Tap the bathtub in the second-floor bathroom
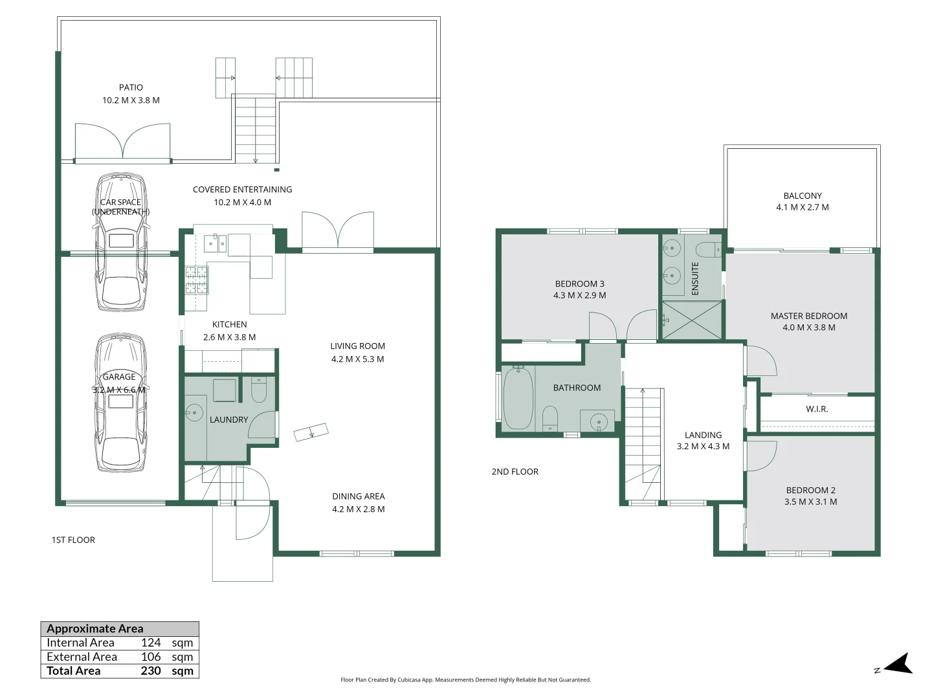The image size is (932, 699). pyautogui.click(x=518, y=397)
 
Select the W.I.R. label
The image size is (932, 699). pyautogui.click(x=817, y=409)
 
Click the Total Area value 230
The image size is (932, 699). pyautogui.click(x=151, y=671)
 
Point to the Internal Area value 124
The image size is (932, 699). pyautogui.click(x=151, y=643)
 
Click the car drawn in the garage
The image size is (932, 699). pyautogui.click(x=120, y=403)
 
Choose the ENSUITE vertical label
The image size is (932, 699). pyautogui.click(x=695, y=278)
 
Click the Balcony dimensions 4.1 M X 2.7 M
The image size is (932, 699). pyautogui.click(x=803, y=207)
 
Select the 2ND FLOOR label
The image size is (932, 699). pyautogui.click(x=515, y=472)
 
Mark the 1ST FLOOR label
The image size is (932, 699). pyautogui.click(x=73, y=540)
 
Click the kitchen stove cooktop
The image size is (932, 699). pyautogui.click(x=197, y=280)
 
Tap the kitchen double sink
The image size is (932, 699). pyautogui.click(x=216, y=243)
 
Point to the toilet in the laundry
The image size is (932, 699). pyautogui.click(x=259, y=390)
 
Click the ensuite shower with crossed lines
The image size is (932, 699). pyautogui.click(x=692, y=320)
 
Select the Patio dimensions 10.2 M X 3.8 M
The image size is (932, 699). pyautogui.click(x=131, y=100)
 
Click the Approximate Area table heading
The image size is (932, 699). pyautogui.click(x=94, y=628)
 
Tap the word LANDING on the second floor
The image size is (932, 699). pyautogui.click(x=703, y=435)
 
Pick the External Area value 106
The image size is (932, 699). pyautogui.click(x=151, y=656)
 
